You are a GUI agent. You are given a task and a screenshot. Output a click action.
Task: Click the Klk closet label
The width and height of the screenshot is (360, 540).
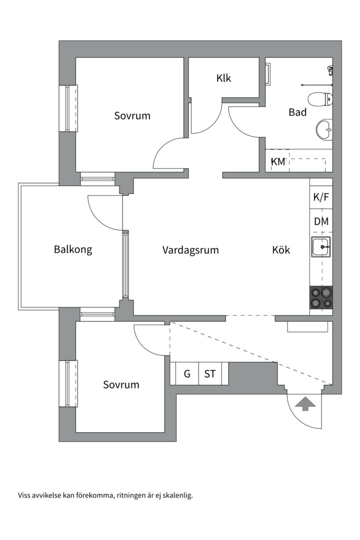point(223,78)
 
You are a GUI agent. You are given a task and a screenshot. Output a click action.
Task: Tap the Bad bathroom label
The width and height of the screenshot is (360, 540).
point(297,112)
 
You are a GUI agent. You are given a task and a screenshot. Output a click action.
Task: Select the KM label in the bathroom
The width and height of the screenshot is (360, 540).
point(277,161)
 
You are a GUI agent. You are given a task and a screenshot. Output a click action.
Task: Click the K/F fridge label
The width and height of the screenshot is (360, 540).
point(321,197)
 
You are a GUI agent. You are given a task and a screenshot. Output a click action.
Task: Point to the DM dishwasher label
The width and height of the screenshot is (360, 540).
point(321,221)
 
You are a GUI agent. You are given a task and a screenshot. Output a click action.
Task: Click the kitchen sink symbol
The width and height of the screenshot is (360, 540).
point(321,246)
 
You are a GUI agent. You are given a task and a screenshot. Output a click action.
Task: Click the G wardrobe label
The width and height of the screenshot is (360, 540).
point(187,373)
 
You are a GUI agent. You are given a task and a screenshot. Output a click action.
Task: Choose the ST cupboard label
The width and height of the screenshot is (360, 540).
point(210,373)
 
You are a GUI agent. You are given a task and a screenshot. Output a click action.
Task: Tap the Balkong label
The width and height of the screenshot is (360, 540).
point(73,249)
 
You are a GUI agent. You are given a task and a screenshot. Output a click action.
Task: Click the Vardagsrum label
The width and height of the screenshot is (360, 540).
point(190,250)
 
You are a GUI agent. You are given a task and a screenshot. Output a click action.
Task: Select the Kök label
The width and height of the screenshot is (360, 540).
point(281,250)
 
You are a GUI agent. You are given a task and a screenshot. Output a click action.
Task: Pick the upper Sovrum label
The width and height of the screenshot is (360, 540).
point(132,115)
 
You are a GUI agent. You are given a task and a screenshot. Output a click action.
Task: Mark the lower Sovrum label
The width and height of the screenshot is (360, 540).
point(121,384)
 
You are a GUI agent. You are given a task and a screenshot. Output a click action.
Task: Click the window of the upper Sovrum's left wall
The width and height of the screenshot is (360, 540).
point(68,108)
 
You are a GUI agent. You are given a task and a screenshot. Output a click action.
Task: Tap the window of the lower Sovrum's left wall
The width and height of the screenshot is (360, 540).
point(68,383)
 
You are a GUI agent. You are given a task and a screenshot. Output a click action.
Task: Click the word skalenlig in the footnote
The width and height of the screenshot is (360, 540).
point(176,495)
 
